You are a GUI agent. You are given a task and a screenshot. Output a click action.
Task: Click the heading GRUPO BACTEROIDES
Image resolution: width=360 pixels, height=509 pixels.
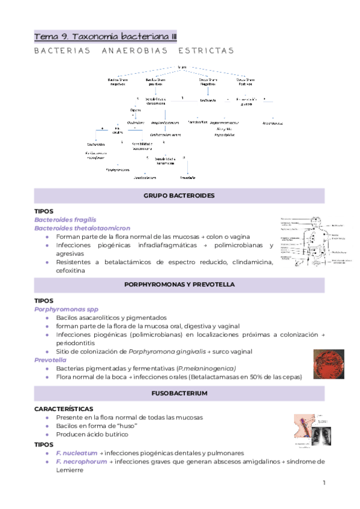(179, 196)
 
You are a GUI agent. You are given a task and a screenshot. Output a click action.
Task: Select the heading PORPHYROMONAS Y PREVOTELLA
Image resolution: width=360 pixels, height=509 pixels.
(179, 284)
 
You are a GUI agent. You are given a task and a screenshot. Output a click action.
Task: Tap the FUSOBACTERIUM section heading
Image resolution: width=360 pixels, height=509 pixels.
(179, 393)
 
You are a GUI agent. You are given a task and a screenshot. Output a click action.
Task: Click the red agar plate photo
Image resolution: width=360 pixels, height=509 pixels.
(328, 364)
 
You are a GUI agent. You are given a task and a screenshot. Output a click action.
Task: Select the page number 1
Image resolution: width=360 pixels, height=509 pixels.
(323, 483)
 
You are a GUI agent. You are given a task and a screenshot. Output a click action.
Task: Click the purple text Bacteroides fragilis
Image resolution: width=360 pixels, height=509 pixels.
(65, 220)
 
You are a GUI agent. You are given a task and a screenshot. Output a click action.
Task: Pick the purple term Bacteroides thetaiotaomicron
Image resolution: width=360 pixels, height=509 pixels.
(82, 228)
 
